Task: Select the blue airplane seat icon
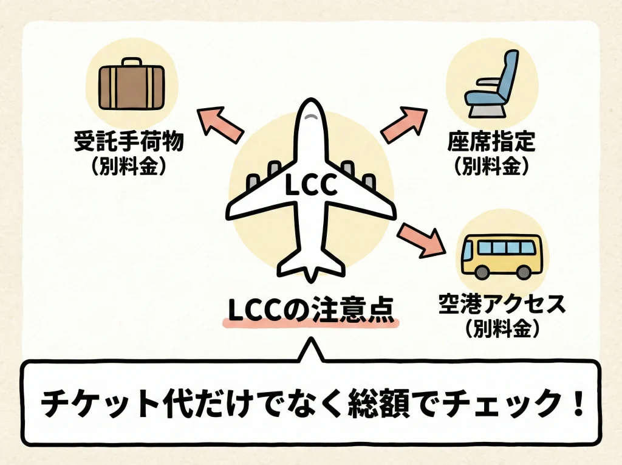click(490, 82)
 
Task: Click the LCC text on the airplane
click(310, 186)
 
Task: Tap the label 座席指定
click(491, 143)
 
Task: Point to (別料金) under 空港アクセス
click(502, 329)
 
